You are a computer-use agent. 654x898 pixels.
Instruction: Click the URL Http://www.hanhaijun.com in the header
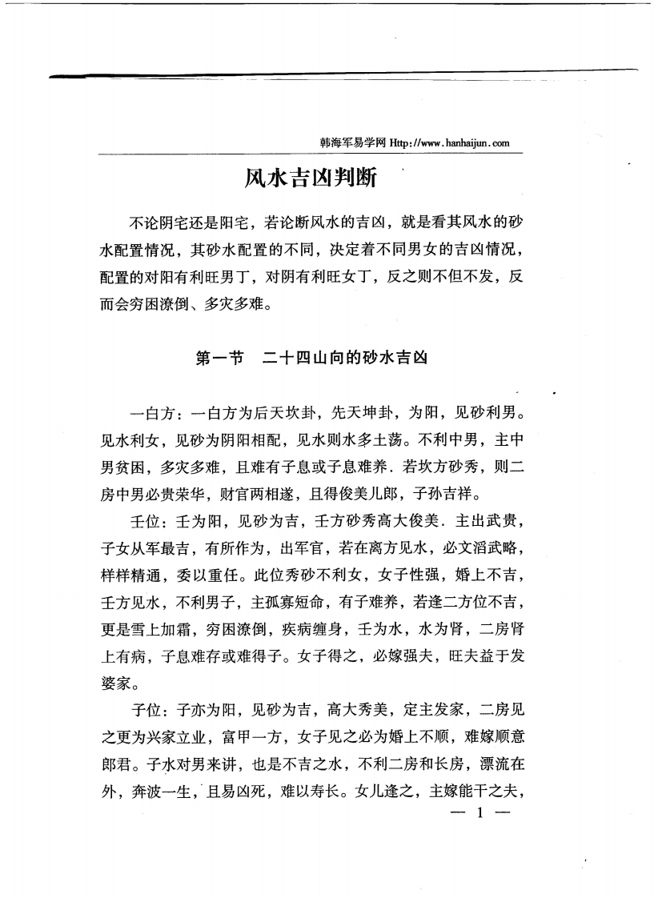449,143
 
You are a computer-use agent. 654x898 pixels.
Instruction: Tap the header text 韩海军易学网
354,143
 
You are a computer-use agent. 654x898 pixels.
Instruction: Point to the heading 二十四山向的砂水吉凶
345,358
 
